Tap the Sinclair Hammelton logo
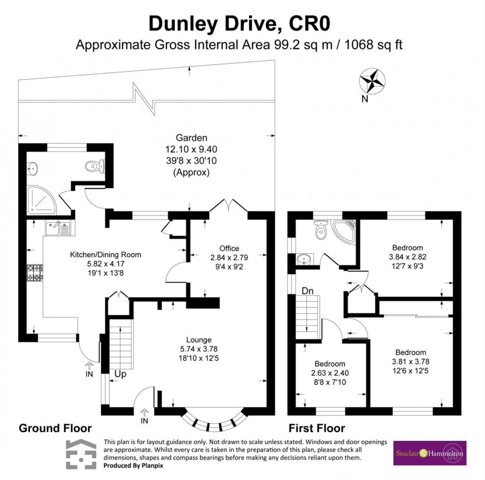(x=430, y=453)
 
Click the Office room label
(x=229, y=248)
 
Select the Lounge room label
(x=199, y=340)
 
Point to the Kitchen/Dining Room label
(x=105, y=255)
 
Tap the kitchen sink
(x=58, y=228)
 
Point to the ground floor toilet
(x=95, y=166)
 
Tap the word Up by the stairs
(x=120, y=374)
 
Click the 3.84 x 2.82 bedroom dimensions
(x=408, y=257)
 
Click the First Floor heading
(x=317, y=428)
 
